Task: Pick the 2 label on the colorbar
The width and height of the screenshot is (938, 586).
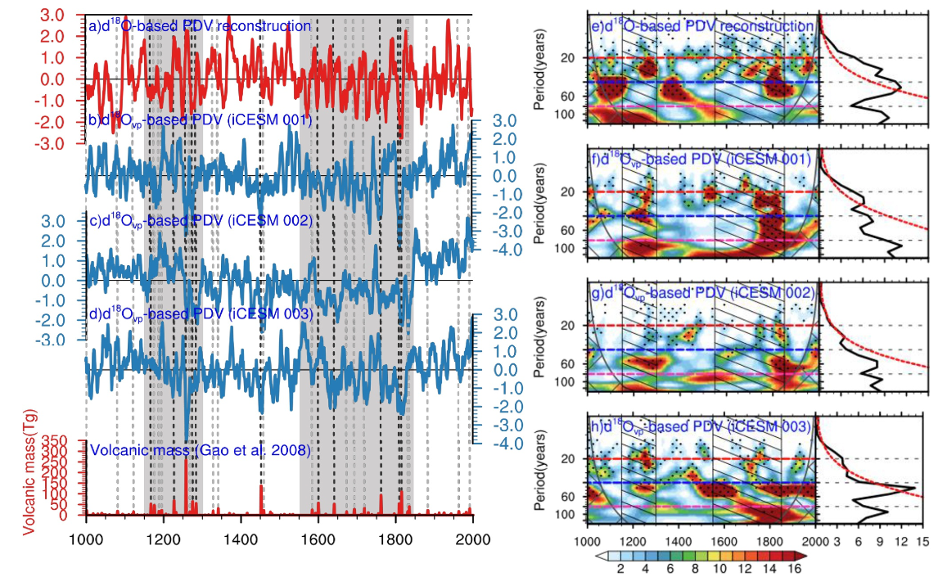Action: tap(620, 569)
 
